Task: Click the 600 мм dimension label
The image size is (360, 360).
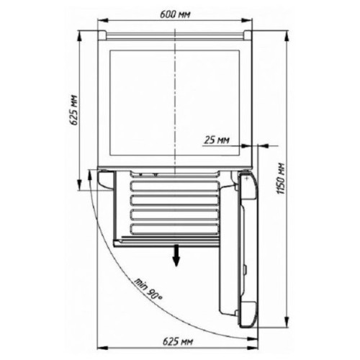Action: pos(175,14)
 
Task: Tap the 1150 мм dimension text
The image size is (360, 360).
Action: pos(281,179)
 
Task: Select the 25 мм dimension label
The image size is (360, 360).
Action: pos(217,140)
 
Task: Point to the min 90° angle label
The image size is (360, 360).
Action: pos(148,289)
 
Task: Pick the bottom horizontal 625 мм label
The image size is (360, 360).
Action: pos(178,341)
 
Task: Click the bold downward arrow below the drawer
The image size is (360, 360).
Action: pos(176,256)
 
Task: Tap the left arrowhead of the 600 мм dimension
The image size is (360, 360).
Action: pos(102,20)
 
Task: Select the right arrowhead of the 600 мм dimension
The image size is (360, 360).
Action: pos(247,20)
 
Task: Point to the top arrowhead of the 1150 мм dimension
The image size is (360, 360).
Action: pos(287,36)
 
